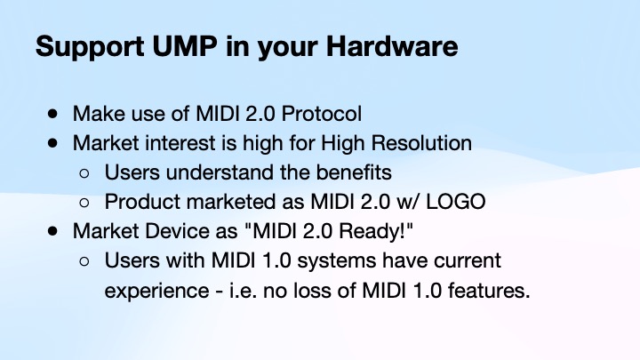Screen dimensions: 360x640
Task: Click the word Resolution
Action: (x=424, y=142)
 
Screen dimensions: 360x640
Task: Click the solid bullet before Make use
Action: (x=55, y=114)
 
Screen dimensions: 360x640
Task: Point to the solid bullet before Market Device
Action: (x=55, y=230)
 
